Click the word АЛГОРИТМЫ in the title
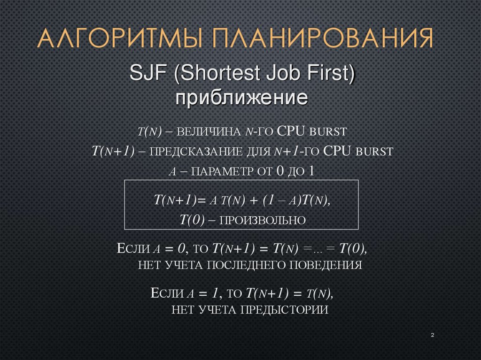click(x=121, y=39)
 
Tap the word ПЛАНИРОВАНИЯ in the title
click(x=322, y=39)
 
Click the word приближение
click(x=241, y=99)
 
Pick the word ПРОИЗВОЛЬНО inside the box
click(x=264, y=220)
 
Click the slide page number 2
click(x=432, y=335)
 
